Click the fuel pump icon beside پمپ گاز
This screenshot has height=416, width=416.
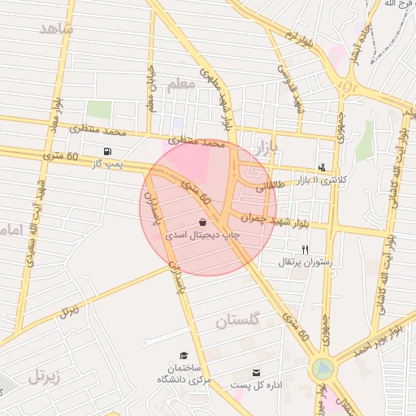click(x=107, y=151)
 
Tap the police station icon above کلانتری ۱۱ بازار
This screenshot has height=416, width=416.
click(x=323, y=167)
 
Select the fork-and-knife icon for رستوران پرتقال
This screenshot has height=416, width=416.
click(x=305, y=249)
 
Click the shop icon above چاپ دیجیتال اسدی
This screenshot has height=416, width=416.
click(x=202, y=221)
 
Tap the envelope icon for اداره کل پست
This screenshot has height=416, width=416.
click(x=257, y=372)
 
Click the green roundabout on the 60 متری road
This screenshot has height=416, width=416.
click(x=323, y=369)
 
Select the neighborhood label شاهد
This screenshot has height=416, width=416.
click(x=55, y=29)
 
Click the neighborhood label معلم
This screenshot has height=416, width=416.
click(x=180, y=84)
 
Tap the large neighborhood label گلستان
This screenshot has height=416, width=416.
click(x=237, y=322)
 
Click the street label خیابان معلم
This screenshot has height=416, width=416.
click(x=149, y=89)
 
